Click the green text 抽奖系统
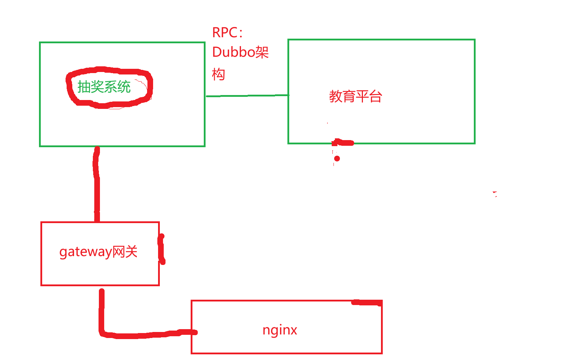pos(104,87)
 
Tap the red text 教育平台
pos(355,96)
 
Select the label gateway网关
pos(98,252)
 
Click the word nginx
pos(280,330)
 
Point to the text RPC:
pos(227,33)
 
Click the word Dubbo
pos(234,52)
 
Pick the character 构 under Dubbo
pos(218,74)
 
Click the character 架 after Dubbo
pos(262,52)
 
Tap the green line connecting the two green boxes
pos(247,95)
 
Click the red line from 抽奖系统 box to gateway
pos(97,184)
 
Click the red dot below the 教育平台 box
pos(337,159)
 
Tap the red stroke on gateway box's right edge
pos(162,249)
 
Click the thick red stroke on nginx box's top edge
pos(367,303)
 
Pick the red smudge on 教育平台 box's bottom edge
pos(342,143)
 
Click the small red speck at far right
pos(495,194)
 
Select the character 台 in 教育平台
pos(375,96)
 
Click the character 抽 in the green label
pos(84,87)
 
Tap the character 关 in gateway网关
pos(131,252)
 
